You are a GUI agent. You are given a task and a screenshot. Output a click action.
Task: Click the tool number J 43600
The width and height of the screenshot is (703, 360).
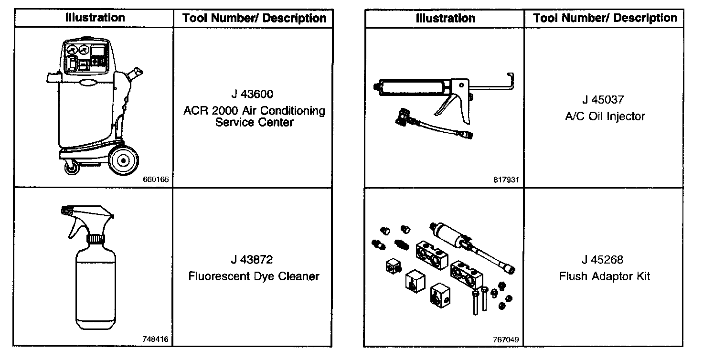tap(254, 94)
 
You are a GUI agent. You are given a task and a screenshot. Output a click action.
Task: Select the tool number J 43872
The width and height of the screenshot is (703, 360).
tap(254, 260)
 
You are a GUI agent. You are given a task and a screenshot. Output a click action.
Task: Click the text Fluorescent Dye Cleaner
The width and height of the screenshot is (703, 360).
tap(254, 276)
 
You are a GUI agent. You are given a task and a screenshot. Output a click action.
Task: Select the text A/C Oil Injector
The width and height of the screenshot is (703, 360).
tap(605, 116)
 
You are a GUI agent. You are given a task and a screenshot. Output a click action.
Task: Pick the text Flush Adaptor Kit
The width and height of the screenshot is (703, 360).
tap(605, 276)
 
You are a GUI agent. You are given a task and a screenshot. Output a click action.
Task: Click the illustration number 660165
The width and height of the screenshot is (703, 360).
tap(155, 180)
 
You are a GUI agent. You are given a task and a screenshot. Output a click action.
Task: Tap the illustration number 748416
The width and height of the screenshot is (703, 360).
tap(155, 339)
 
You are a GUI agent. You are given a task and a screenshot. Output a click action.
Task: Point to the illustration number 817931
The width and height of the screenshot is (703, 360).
tap(506, 180)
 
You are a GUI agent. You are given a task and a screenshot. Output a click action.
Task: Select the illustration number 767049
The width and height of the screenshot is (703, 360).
tap(506, 339)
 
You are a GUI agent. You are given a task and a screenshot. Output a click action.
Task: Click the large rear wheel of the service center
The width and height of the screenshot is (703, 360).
tap(124, 160)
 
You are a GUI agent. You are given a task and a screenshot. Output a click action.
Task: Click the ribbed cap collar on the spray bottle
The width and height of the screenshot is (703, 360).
tap(95, 238)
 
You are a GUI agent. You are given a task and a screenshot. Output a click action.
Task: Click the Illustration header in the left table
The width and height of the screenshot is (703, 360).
tap(95, 18)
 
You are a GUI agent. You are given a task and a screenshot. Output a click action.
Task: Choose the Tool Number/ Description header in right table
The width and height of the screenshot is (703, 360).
tap(605, 18)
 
